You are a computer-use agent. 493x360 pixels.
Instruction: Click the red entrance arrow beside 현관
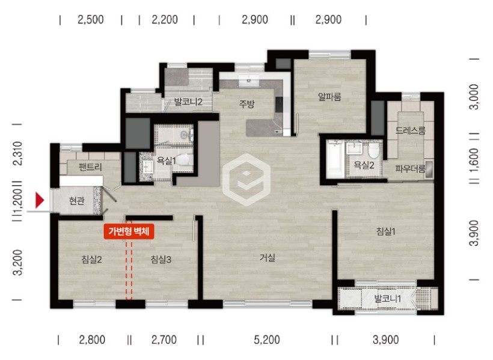click(40, 200)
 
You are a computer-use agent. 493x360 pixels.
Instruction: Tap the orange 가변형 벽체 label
click(129, 231)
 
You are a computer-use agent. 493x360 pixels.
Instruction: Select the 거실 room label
click(268, 258)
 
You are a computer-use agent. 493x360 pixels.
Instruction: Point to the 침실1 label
click(386, 232)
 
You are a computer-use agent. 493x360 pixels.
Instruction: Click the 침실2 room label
click(91, 260)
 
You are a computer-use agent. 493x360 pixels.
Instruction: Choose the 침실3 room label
click(161, 260)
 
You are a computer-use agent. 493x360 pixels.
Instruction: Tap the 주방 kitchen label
click(246, 104)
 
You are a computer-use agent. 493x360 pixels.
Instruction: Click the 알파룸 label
click(329, 97)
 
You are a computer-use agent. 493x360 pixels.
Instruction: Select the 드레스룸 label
click(410, 130)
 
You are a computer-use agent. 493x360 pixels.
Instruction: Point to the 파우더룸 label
click(410, 169)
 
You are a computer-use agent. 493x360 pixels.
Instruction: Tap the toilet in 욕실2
click(374, 151)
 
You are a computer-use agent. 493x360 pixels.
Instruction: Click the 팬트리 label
click(90, 167)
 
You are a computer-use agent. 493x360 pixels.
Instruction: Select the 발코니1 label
click(387, 299)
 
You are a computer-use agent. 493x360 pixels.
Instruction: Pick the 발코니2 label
click(188, 102)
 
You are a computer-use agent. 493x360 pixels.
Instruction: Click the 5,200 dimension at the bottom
click(266, 340)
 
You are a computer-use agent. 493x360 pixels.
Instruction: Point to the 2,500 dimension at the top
click(91, 20)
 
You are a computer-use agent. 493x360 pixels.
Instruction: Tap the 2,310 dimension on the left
click(19, 153)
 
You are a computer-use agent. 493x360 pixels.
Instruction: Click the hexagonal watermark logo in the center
click(246, 180)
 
